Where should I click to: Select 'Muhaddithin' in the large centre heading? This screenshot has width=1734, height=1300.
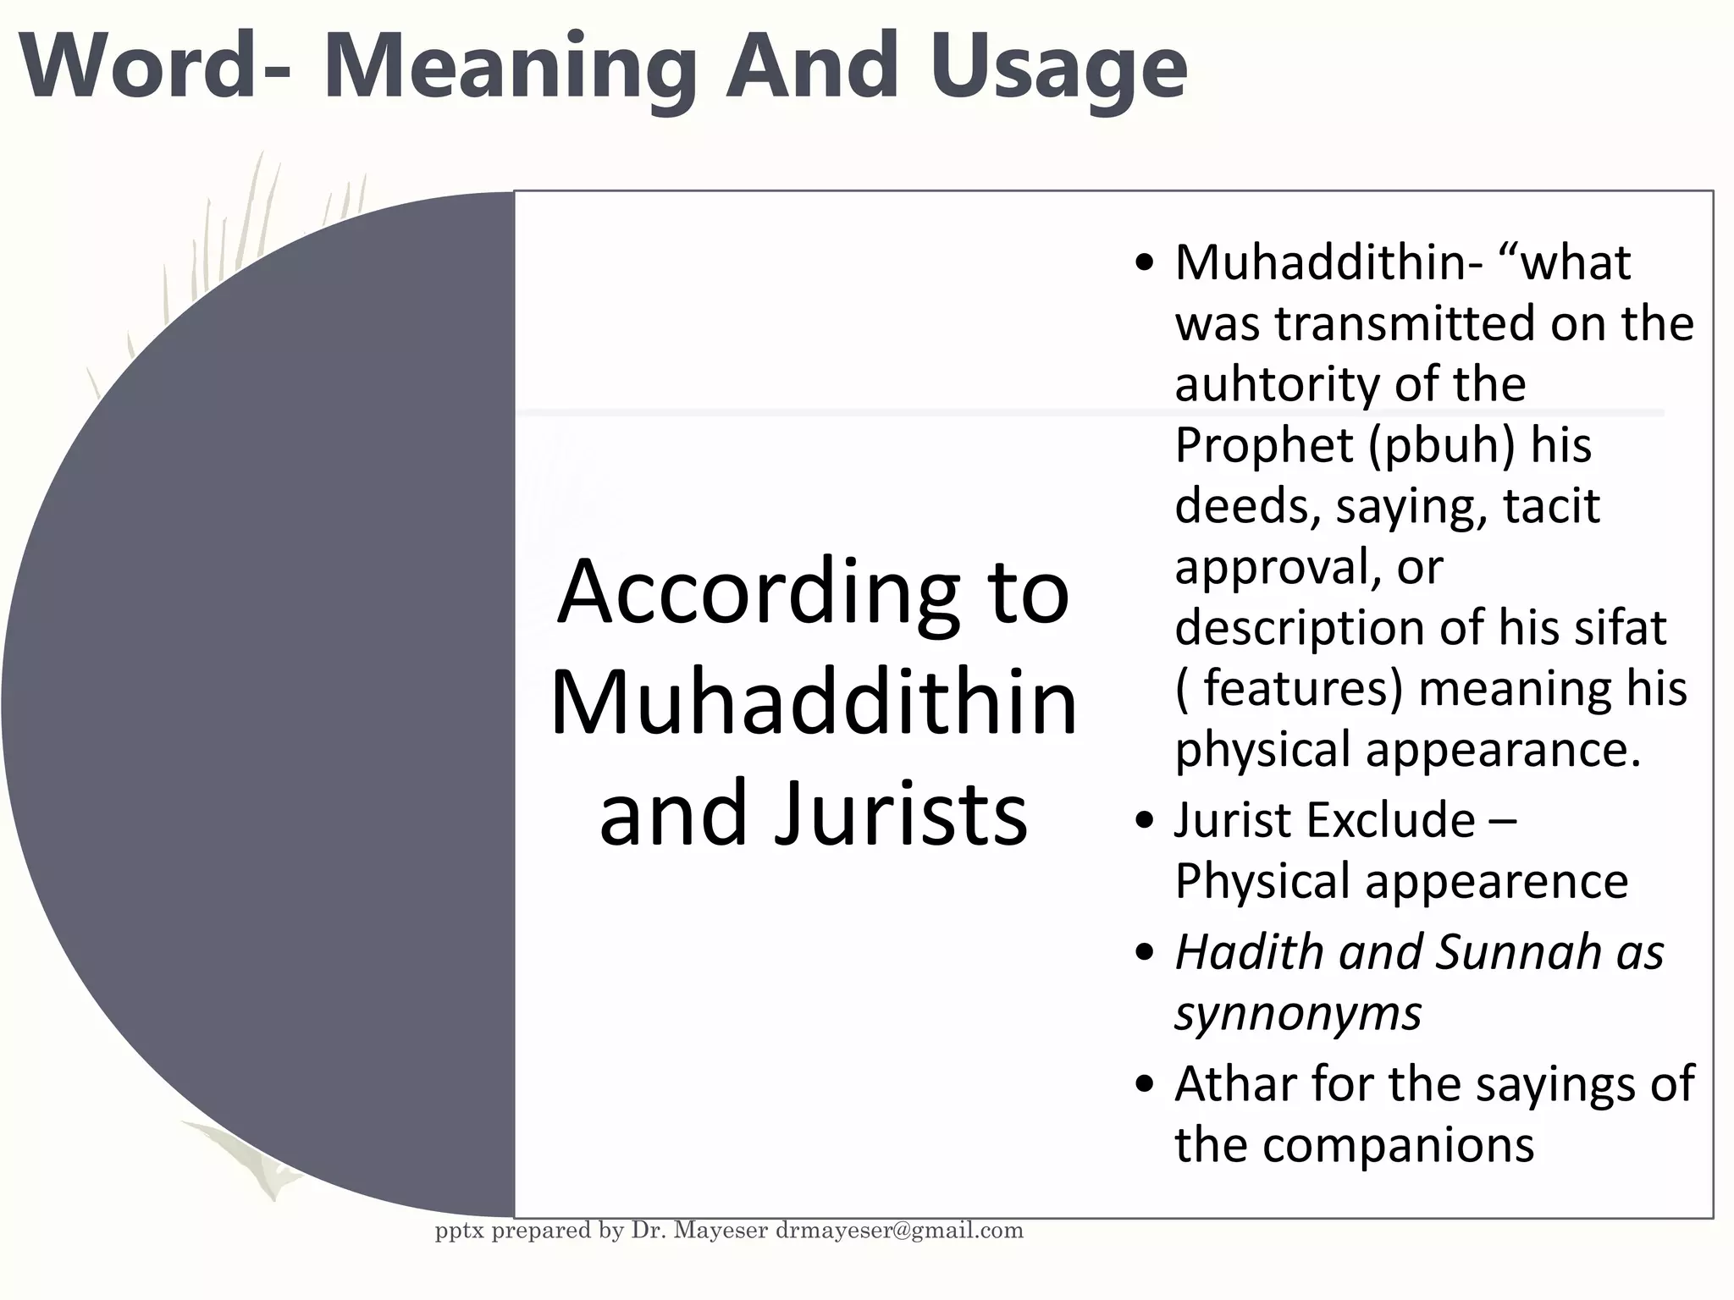tap(814, 702)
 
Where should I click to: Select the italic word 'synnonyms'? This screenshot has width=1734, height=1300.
tap(1298, 1013)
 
